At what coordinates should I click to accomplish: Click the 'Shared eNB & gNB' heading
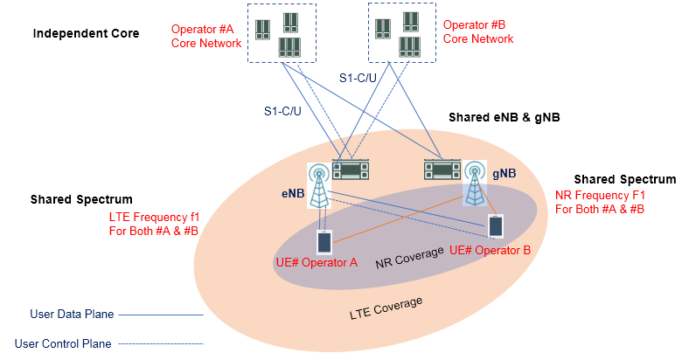pos(504,117)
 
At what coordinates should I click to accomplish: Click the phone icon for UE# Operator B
pos(496,225)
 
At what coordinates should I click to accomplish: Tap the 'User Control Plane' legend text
pos(63,343)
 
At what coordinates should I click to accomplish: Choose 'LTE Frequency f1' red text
pos(155,216)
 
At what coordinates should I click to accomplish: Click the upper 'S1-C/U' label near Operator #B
pos(360,79)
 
